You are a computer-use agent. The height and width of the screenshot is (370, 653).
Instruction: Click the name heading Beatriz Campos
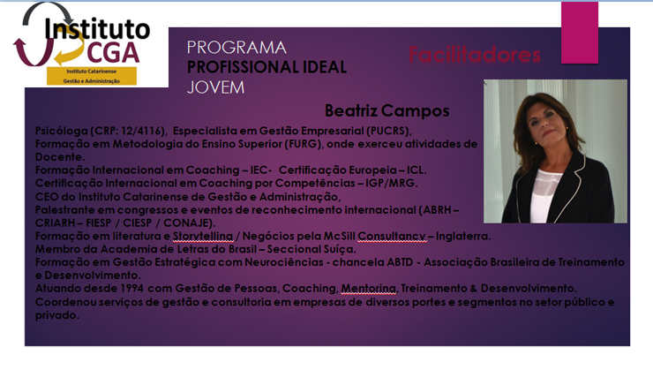387,111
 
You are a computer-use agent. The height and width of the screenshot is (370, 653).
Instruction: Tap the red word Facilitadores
475,55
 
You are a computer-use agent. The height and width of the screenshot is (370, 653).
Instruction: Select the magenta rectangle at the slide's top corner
579,33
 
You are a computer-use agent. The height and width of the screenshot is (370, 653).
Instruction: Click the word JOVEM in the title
215,87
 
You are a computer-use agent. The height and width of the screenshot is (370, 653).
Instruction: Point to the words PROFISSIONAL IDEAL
266,67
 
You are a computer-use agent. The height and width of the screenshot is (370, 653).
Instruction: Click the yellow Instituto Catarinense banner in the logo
92,76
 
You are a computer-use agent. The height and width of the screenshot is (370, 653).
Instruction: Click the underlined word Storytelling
203,237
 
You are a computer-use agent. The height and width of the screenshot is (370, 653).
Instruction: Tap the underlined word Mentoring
368,289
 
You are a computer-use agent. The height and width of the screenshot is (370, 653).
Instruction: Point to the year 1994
132,289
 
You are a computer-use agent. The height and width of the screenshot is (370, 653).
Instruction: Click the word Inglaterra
462,237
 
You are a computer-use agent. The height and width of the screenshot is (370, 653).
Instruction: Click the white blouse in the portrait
546,193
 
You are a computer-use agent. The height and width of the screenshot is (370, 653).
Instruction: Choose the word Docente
58,157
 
